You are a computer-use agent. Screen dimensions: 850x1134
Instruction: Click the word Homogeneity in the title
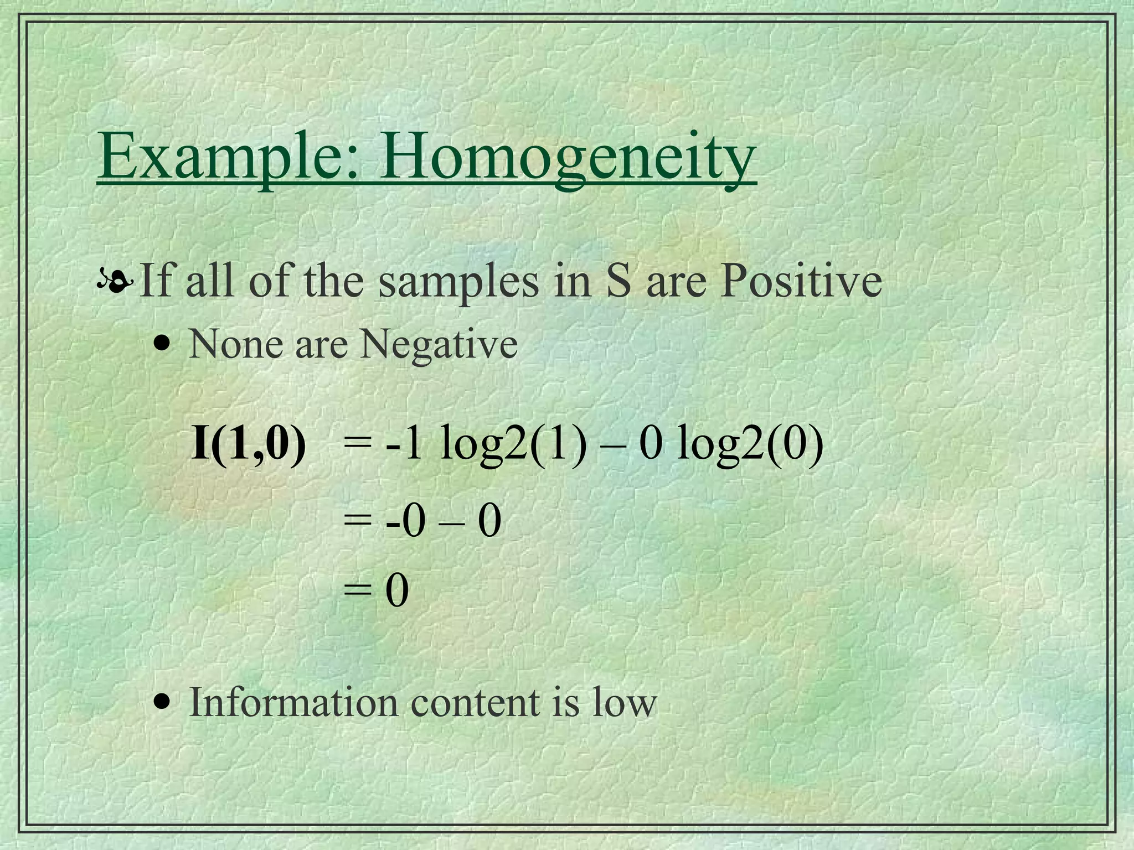(x=568, y=156)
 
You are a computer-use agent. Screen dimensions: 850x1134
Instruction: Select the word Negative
(x=439, y=345)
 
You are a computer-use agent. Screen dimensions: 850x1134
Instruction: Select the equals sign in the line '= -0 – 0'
(x=358, y=521)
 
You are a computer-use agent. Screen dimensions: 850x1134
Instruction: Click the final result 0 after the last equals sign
(x=397, y=590)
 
